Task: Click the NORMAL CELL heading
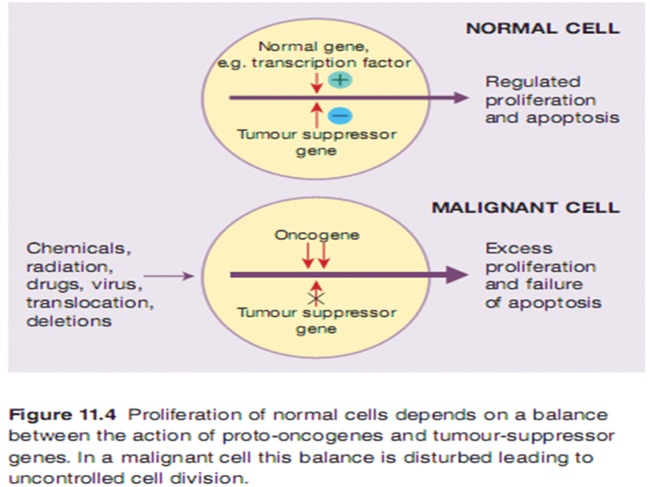543,29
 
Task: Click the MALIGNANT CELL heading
526,208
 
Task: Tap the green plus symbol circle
339,80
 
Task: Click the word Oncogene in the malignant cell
317,235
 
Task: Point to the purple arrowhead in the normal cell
461,98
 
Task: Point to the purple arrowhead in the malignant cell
460,275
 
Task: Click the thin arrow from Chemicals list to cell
169,275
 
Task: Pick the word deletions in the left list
69,321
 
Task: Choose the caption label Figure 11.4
62,415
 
